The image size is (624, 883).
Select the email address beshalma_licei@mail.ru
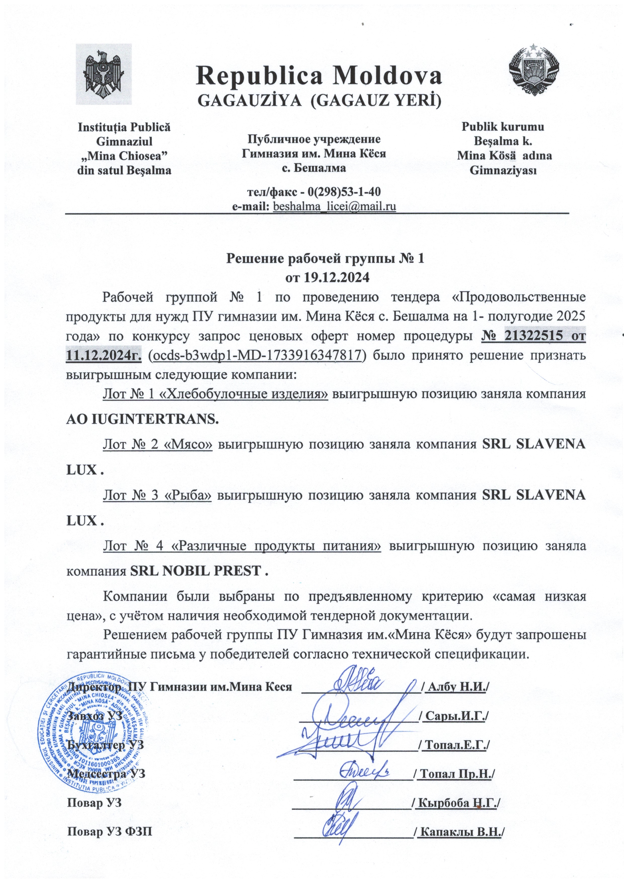tap(334, 206)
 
